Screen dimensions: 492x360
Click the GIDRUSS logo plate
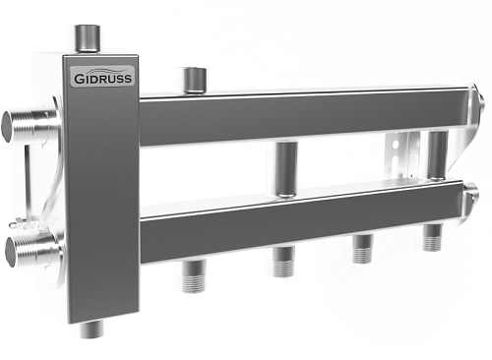tap(102, 76)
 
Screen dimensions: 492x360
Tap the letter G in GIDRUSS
tap(79, 79)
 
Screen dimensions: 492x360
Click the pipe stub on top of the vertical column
tap(88, 38)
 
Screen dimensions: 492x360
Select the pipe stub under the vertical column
tap(92, 329)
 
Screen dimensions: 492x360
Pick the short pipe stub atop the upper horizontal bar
tap(195, 80)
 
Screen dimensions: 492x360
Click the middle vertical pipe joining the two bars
tap(286, 169)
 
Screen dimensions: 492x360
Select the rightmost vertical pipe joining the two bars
tap(438, 155)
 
